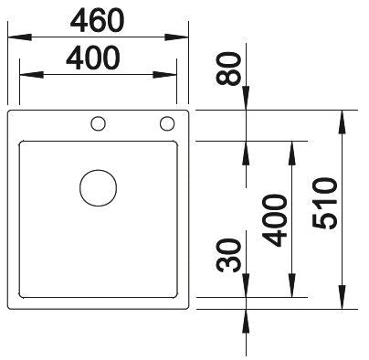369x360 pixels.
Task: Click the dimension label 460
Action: (97, 20)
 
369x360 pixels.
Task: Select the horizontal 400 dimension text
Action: (93, 58)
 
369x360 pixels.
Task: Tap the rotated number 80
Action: (228, 69)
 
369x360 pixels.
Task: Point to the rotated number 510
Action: (325, 203)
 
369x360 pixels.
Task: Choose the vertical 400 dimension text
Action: (275, 220)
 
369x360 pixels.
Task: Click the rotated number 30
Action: (228, 255)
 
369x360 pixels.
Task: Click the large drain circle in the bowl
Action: (98, 188)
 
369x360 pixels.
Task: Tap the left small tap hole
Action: (99, 124)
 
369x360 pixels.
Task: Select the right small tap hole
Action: (167, 123)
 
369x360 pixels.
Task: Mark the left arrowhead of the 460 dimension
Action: (19, 37)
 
